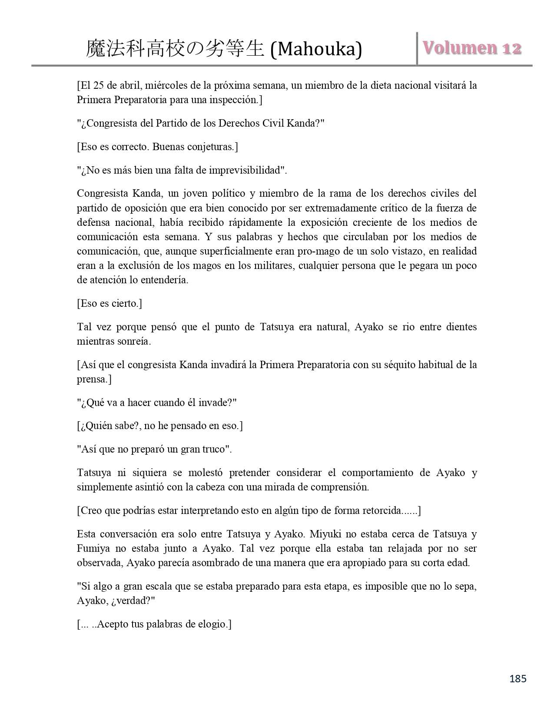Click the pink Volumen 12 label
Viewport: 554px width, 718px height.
(x=472, y=48)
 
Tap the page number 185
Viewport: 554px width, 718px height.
(x=518, y=678)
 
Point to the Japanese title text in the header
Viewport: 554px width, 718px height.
(x=175, y=49)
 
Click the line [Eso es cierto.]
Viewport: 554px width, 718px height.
(x=109, y=303)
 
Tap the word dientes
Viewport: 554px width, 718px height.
(x=461, y=327)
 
